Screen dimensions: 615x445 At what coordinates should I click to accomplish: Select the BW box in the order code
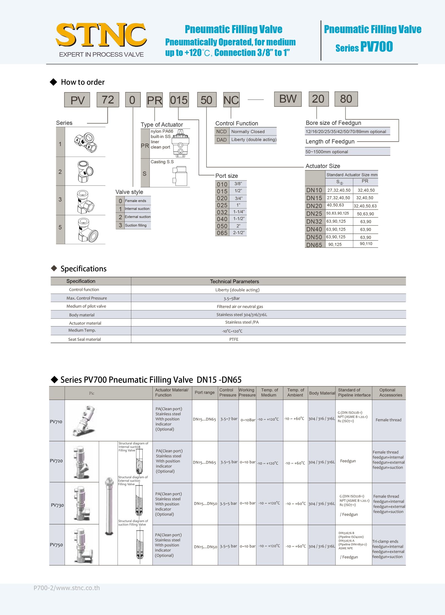click(x=288, y=99)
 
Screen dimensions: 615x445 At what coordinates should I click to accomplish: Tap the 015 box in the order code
click(x=179, y=100)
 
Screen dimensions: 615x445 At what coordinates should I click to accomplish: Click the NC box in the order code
click(x=231, y=100)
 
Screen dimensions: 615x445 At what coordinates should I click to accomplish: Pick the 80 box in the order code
click(x=346, y=99)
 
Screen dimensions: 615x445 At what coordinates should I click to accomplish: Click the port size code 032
click(x=222, y=212)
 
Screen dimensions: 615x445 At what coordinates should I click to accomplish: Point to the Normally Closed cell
click(x=248, y=132)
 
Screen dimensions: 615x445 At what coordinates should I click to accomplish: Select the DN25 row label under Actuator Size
click(x=314, y=214)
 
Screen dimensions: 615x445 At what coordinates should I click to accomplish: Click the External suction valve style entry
click(x=137, y=217)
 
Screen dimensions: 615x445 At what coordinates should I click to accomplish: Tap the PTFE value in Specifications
click(x=234, y=339)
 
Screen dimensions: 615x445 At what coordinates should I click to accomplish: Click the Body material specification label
click(x=82, y=315)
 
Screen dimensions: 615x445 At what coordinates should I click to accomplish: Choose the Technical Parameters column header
click(x=234, y=281)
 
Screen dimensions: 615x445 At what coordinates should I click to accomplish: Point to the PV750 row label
click(x=56, y=545)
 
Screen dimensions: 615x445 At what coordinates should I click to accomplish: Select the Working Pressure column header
click(x=247, y=392)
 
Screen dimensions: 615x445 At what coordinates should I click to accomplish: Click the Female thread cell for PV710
click(x=388, y=420)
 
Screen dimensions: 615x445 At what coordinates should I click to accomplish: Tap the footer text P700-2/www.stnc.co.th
click(x=67, y=588)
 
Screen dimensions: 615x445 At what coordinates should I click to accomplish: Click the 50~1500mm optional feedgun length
click(x=327, y=152)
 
